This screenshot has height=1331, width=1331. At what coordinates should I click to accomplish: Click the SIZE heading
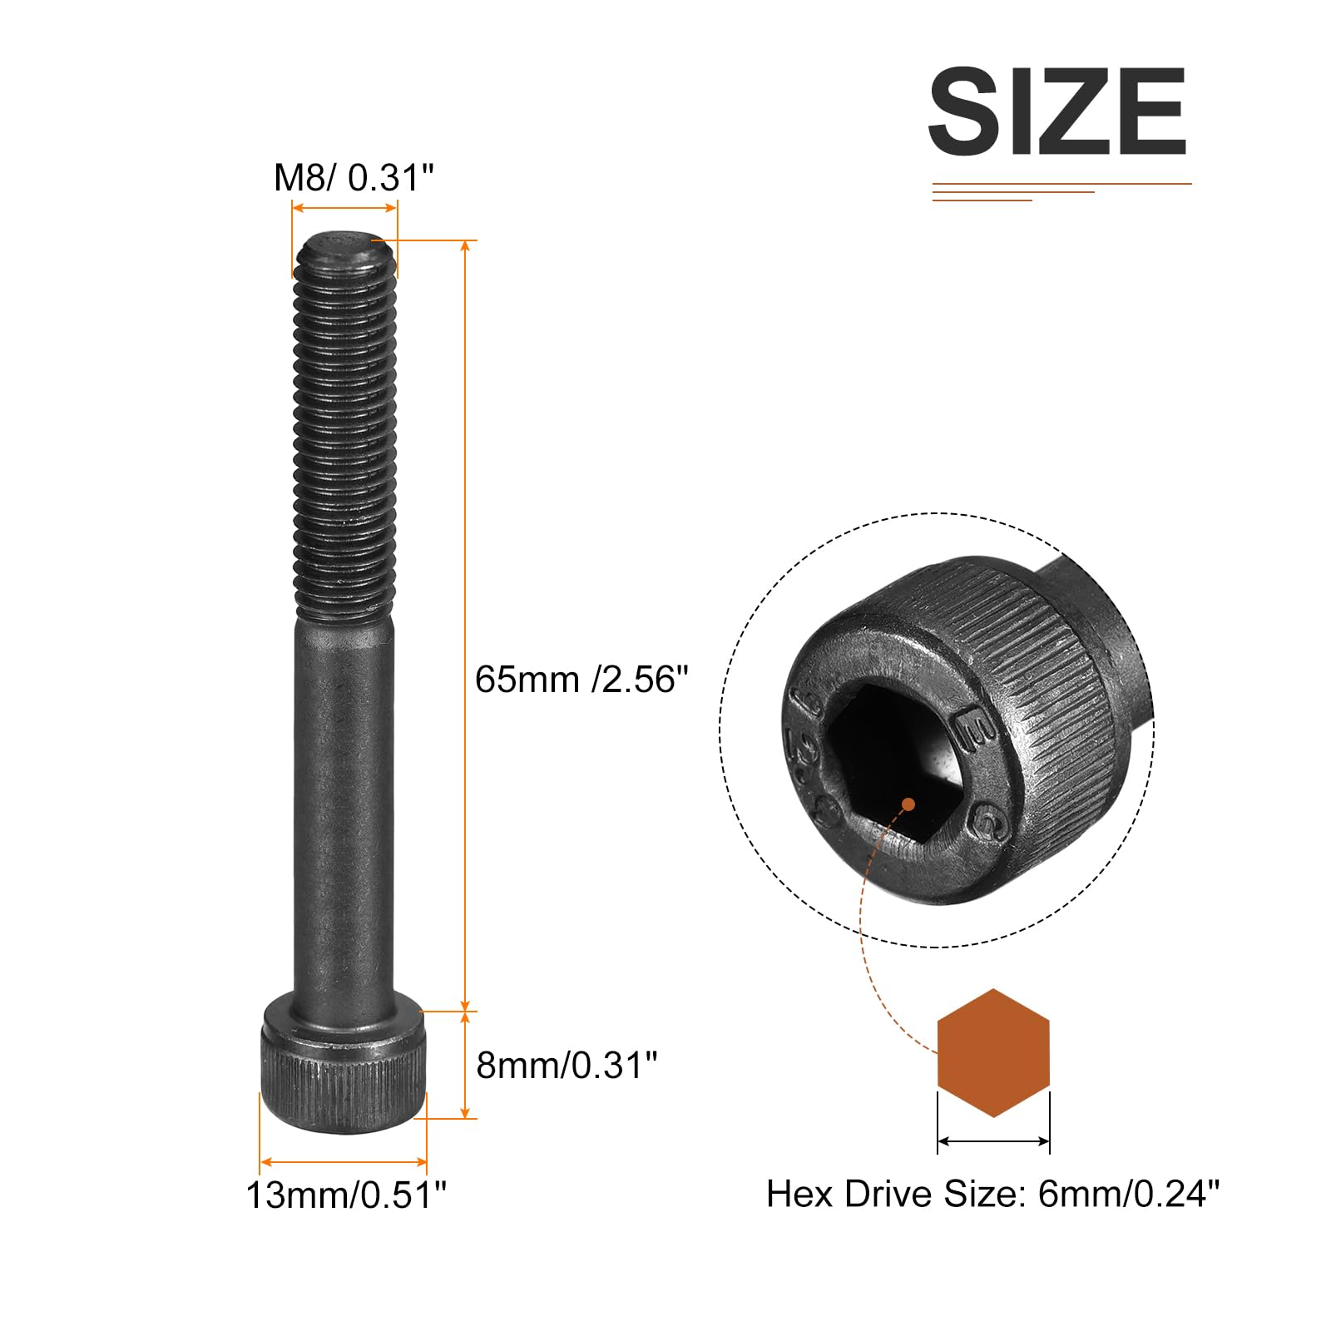tap(1056, 111)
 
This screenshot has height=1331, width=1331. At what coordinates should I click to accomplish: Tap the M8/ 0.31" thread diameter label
tap(354, 177)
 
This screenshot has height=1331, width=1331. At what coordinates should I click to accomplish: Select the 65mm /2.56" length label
tap(581, 680)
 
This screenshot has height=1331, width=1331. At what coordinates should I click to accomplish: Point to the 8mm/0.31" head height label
tap(567, 1065)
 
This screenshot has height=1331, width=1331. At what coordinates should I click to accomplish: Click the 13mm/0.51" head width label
tap(346, 1195)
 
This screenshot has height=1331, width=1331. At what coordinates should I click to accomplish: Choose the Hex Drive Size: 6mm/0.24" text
tap(992, 1195)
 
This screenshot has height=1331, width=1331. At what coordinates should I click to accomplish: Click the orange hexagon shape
tap(993, 1052)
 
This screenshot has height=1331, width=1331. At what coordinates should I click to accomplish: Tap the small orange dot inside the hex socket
tap(908, 804)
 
